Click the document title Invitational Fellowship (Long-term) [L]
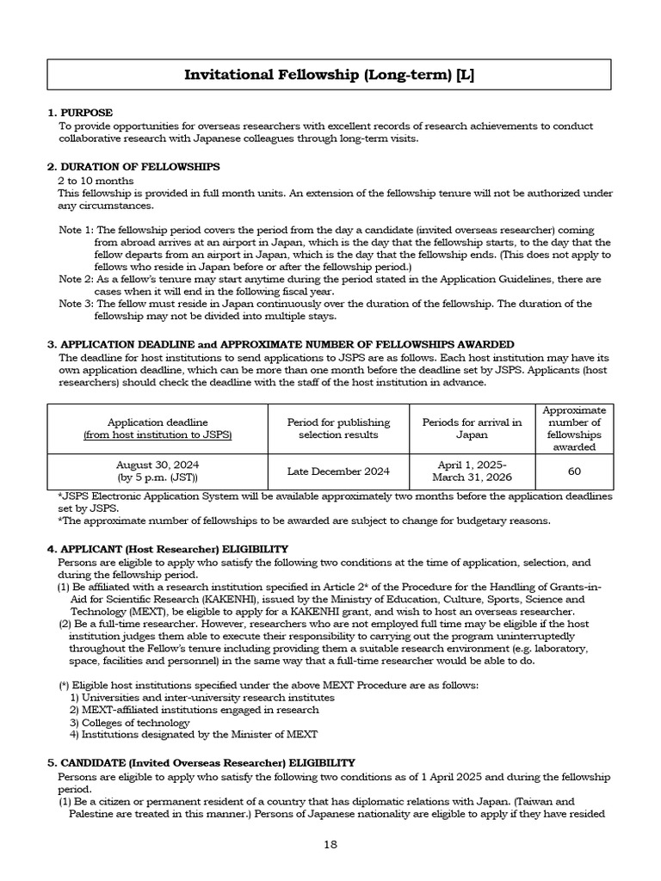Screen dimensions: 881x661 330,76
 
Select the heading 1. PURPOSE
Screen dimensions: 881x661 80,114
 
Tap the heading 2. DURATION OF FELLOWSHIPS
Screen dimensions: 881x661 133,167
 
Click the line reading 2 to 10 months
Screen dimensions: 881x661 96,181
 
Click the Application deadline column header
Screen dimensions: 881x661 157,428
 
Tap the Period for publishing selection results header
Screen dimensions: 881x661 338,428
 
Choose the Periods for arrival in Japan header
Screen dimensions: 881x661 472,428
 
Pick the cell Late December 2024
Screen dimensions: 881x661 338,471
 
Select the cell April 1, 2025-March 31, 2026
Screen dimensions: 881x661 472,470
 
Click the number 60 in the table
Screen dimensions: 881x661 573,471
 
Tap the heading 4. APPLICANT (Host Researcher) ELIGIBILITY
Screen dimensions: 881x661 168,549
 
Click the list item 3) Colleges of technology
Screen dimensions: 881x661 130,723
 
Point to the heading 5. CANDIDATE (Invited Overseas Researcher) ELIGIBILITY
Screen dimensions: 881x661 201,763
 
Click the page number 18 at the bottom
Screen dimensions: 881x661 330,845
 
